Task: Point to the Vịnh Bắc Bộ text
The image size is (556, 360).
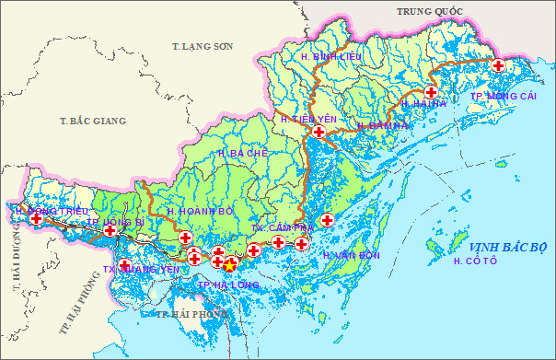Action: click(507, 248)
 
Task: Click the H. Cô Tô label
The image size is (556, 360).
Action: click(475, 262)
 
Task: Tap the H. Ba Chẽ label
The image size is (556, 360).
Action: click(243, 153)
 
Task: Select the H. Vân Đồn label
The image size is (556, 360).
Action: click(352, 254)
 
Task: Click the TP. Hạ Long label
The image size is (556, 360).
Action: click(228, 285)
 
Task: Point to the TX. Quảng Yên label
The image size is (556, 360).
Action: click(140, 270)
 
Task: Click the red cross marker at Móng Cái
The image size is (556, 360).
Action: click(498, 65)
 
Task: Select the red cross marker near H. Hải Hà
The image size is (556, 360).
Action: click(431, 92)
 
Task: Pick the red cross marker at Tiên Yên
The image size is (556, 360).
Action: click(319, 133)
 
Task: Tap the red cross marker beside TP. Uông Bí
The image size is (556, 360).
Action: click(110, 230)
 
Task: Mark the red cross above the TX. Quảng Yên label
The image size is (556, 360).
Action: click(124, 265)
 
